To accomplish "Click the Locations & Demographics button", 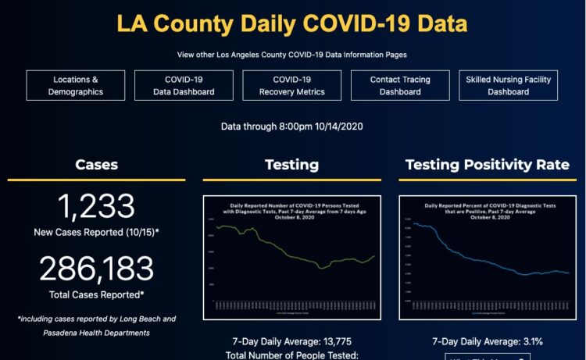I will [76, 86].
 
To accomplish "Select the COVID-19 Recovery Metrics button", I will [291, 86].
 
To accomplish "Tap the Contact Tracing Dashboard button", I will [400, 86].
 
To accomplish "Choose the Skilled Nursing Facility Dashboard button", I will [508, 86].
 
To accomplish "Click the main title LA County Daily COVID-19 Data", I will [292, 23].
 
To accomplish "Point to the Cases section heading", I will [97, 165].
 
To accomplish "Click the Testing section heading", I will [291, 165].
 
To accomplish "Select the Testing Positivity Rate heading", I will [488, 165].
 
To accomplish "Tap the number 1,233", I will [96, 207].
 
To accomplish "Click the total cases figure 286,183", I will [96, 269].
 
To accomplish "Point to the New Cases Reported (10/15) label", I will [96, 232].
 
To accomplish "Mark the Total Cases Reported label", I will [96, 294].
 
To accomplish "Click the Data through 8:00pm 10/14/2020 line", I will [292, 126].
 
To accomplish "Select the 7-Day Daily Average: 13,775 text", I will [291, 341].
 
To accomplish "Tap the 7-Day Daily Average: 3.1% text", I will [488, 341].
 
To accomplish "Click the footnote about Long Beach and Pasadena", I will [96, 325].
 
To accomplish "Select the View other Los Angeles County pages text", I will [292, 55].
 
